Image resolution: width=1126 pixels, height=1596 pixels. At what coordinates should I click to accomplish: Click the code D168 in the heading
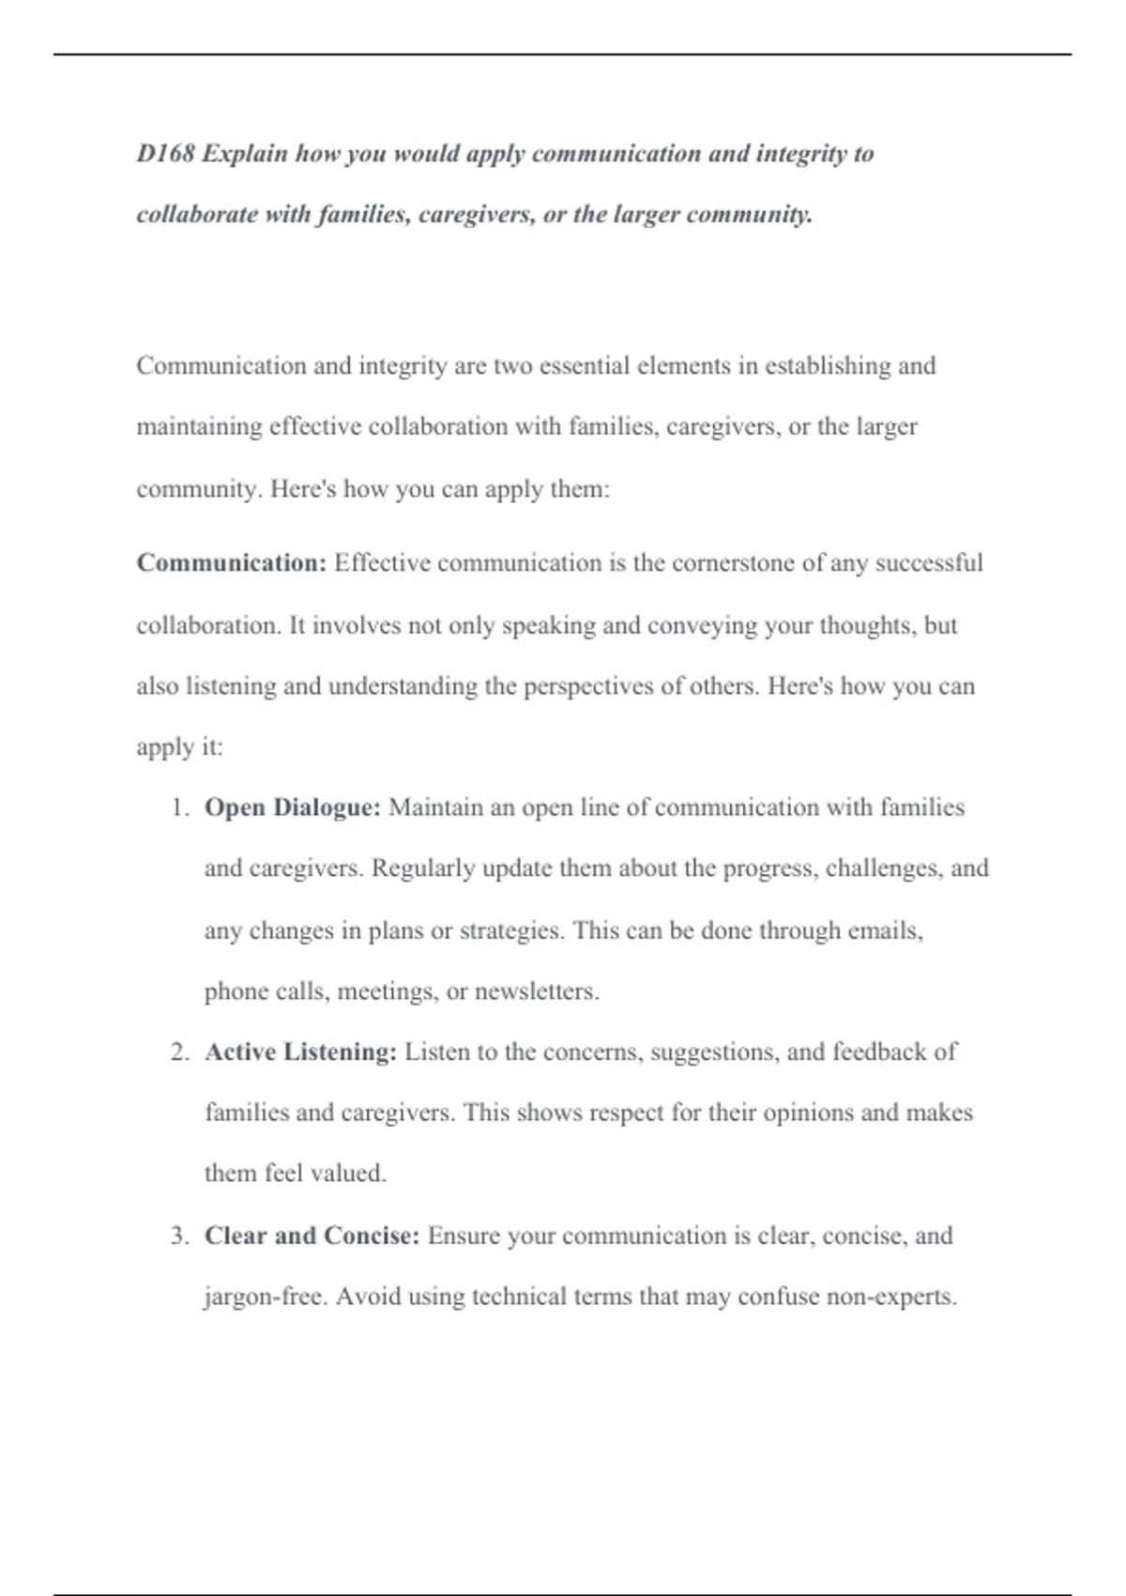pyautogui.click(x=165, y=153)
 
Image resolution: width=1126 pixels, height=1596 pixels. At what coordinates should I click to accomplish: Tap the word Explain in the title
pyautogui.click(x=244, y=153)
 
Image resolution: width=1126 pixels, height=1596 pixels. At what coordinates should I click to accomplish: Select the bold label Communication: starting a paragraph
pyautogui.click(x=232, y=563)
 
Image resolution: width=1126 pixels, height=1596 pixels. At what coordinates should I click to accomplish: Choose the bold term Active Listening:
pyautogui.click(x=301, y=1051)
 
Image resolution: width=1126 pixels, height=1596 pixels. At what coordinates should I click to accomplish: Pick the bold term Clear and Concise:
pyautogui.click(x=312, y=1235)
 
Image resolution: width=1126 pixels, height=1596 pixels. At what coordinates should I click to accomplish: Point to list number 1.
pyautogui.click(x=180, y=808)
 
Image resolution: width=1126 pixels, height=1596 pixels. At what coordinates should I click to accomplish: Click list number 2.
pyautogui.click(x=180, y=1052)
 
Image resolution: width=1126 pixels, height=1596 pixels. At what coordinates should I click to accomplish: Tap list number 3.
pyautogui.click(x=180, y=1236)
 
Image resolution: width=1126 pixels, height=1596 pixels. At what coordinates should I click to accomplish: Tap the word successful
pyautogui.click(x=929, y=563)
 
